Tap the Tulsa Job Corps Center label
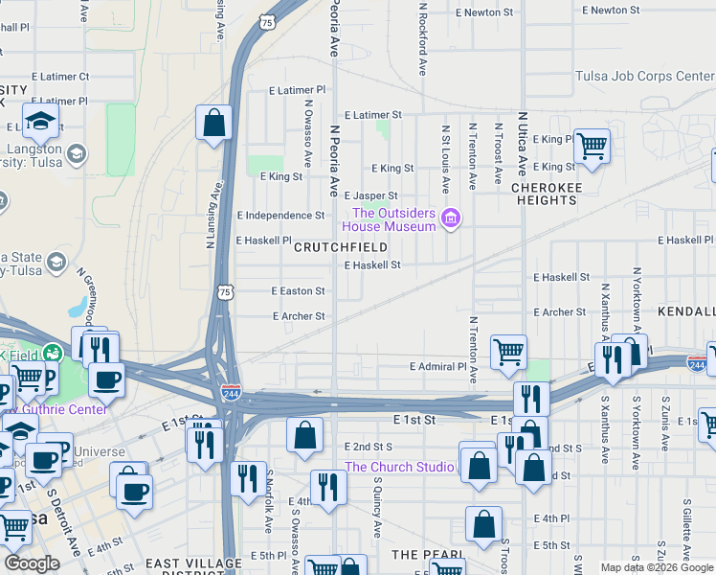(644, 77)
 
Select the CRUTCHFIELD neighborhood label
(340, 247)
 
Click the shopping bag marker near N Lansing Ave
(214, 124)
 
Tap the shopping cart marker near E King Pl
(592, 147)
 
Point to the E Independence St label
(280, 216)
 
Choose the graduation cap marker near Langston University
(40, 122)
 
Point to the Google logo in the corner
(32, 563)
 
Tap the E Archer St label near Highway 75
(299, 316)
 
